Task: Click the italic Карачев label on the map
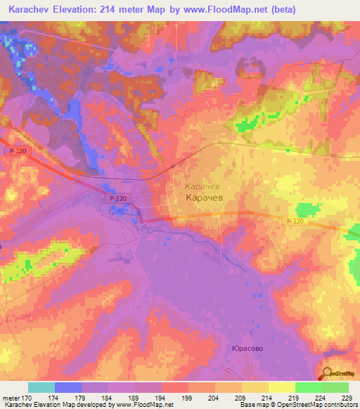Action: coord(203,188)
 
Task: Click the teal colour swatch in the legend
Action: coord(41,387)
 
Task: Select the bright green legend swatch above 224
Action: coord(308,387)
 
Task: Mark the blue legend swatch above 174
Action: coord(68,387)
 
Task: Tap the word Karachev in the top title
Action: coord(32,10)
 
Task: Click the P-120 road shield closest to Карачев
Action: coord(117,199)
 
